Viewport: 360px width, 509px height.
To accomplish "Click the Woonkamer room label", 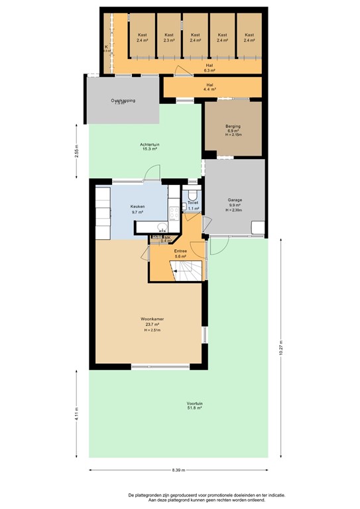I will pos(152,319).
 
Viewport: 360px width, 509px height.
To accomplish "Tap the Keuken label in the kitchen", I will pos(137,207).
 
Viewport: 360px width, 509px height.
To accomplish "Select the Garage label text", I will pos(235,200).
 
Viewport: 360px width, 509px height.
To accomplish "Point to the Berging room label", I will pos(233,126).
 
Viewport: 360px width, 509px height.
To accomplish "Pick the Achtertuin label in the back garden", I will pos(149,144).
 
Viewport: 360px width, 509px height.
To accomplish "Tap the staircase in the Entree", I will pos(186,268).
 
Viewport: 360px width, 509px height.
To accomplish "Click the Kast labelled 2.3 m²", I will pos(169,37).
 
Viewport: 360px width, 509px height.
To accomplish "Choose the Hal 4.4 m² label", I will pos(210,86).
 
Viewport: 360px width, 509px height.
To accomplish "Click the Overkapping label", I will pos(123,101).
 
